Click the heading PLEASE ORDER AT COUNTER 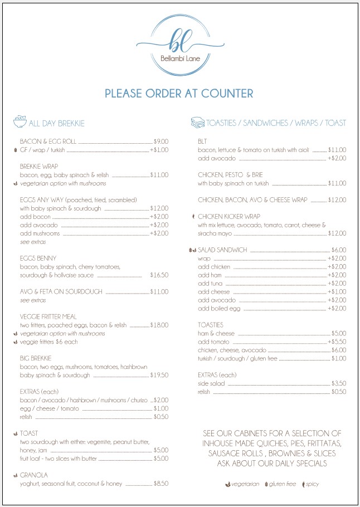pos(179,93)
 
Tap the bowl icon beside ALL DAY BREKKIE pos(20,122)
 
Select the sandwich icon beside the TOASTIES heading pos(197,122)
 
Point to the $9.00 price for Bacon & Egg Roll pos(160,142)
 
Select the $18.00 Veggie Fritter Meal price pos(160,325)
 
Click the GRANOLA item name pos(33,475)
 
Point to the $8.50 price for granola pos(160,484)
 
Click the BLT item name pos(202,142)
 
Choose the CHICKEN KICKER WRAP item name pos(228,217)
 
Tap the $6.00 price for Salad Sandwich pos(338,250)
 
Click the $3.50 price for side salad pos(338,383)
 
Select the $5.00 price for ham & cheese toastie pos(338,333)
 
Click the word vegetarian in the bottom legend pos(245,484)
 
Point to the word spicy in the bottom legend pos(312,484)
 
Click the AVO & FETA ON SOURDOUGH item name pos(61,291)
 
